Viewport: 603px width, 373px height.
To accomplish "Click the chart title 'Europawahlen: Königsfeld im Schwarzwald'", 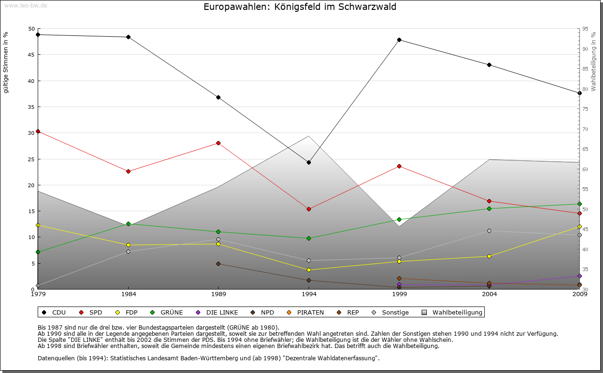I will [300, 7].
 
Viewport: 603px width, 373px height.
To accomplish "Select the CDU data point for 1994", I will [309, 162].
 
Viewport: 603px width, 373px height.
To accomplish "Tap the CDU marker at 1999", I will [399, 40].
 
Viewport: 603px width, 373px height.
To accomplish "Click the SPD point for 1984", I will [128, 171].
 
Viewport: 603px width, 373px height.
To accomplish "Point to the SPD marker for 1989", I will [218, 143].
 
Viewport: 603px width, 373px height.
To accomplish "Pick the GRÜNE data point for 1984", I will [128, 224].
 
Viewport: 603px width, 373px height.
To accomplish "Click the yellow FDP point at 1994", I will [309, 270].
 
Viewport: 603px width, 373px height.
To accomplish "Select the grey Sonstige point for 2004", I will [489, 231].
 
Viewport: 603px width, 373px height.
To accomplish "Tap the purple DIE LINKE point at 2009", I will [579, 276].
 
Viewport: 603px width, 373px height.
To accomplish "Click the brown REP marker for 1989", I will [218, 264].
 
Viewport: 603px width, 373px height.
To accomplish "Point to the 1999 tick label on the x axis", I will [399, 294].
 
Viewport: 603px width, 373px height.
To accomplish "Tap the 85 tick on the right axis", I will [585, 69].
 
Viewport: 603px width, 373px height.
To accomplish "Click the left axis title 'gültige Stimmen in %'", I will [6, 63].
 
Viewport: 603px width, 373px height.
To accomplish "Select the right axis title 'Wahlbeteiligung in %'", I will [594, 61].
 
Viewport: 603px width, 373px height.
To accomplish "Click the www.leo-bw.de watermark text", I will [25, 5].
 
